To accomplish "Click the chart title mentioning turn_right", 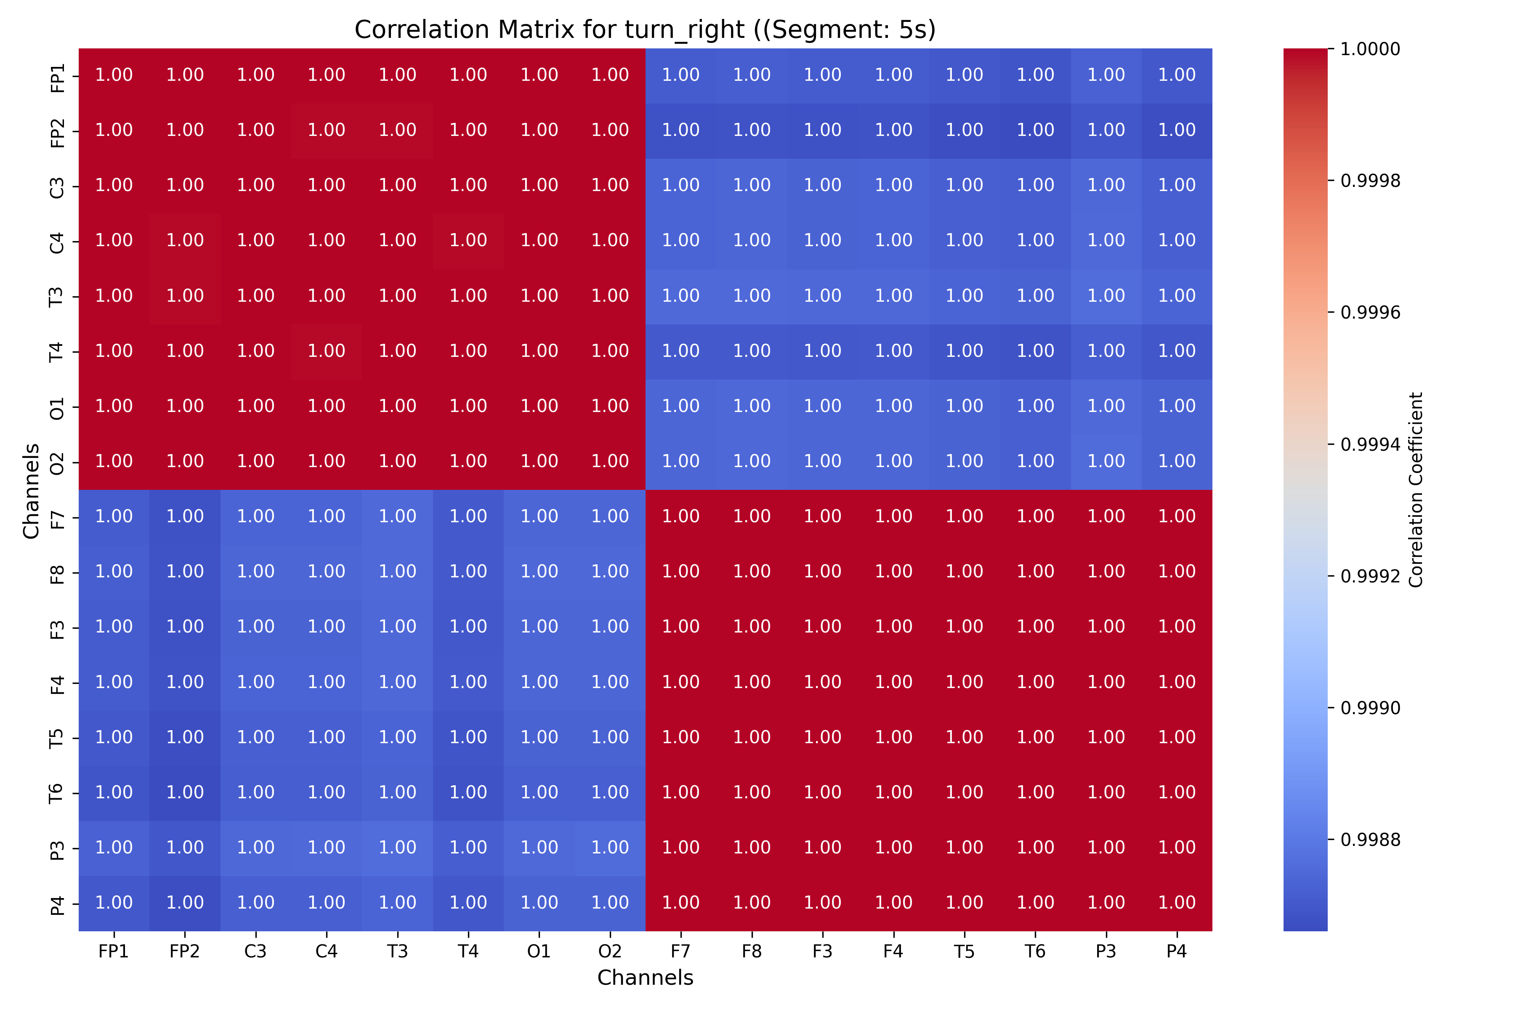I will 645,29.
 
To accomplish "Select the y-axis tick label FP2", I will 57,131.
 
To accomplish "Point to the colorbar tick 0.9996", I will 1370,312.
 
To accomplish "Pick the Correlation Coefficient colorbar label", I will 1415,489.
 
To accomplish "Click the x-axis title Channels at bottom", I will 645,978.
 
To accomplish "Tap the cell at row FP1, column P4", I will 1176,75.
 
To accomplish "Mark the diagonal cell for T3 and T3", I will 397,296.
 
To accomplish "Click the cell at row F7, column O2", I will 609,517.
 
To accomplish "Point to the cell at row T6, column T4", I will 468,792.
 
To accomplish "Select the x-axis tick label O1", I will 539,952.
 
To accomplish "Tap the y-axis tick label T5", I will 57,738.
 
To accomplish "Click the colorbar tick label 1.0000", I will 1370,49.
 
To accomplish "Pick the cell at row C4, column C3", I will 256,240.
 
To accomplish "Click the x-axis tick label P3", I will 1106,952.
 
